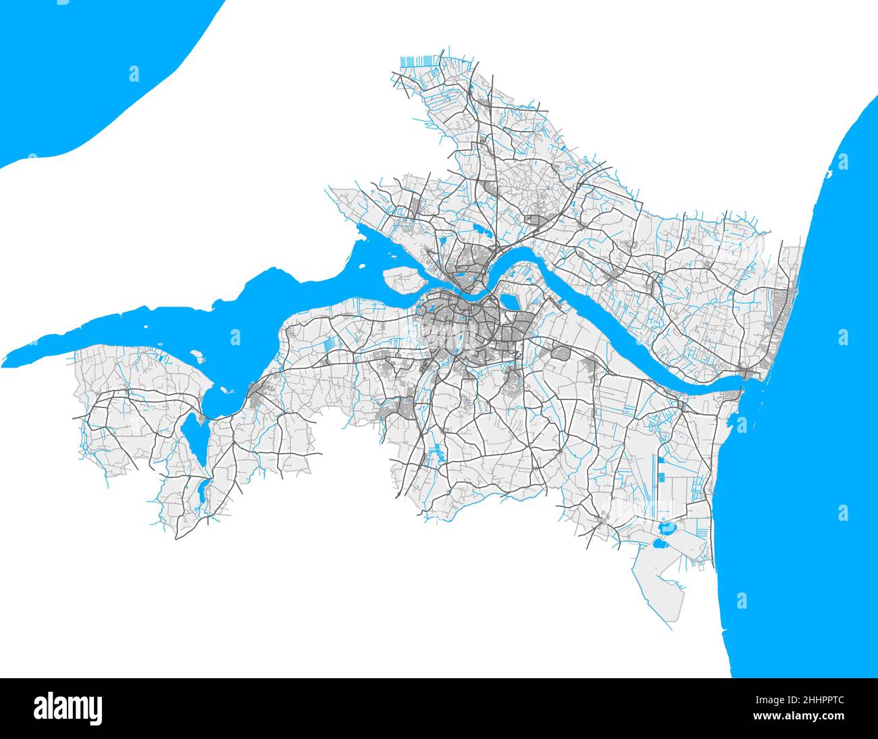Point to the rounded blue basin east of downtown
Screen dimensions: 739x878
pyautogui.click(x=508, y=302)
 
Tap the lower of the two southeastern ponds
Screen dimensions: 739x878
pyautogui.click(x=658, y=542)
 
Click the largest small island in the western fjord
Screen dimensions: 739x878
pyautogui.click(x=197, y=353)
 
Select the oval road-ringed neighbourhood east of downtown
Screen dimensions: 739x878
pyautogui.click(x=561, y=351)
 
